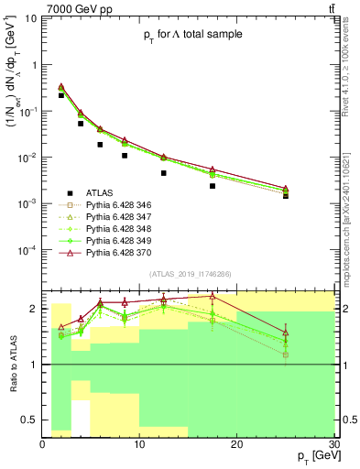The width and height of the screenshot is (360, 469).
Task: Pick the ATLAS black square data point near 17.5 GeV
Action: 213,186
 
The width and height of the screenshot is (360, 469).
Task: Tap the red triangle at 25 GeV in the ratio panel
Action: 286,333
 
